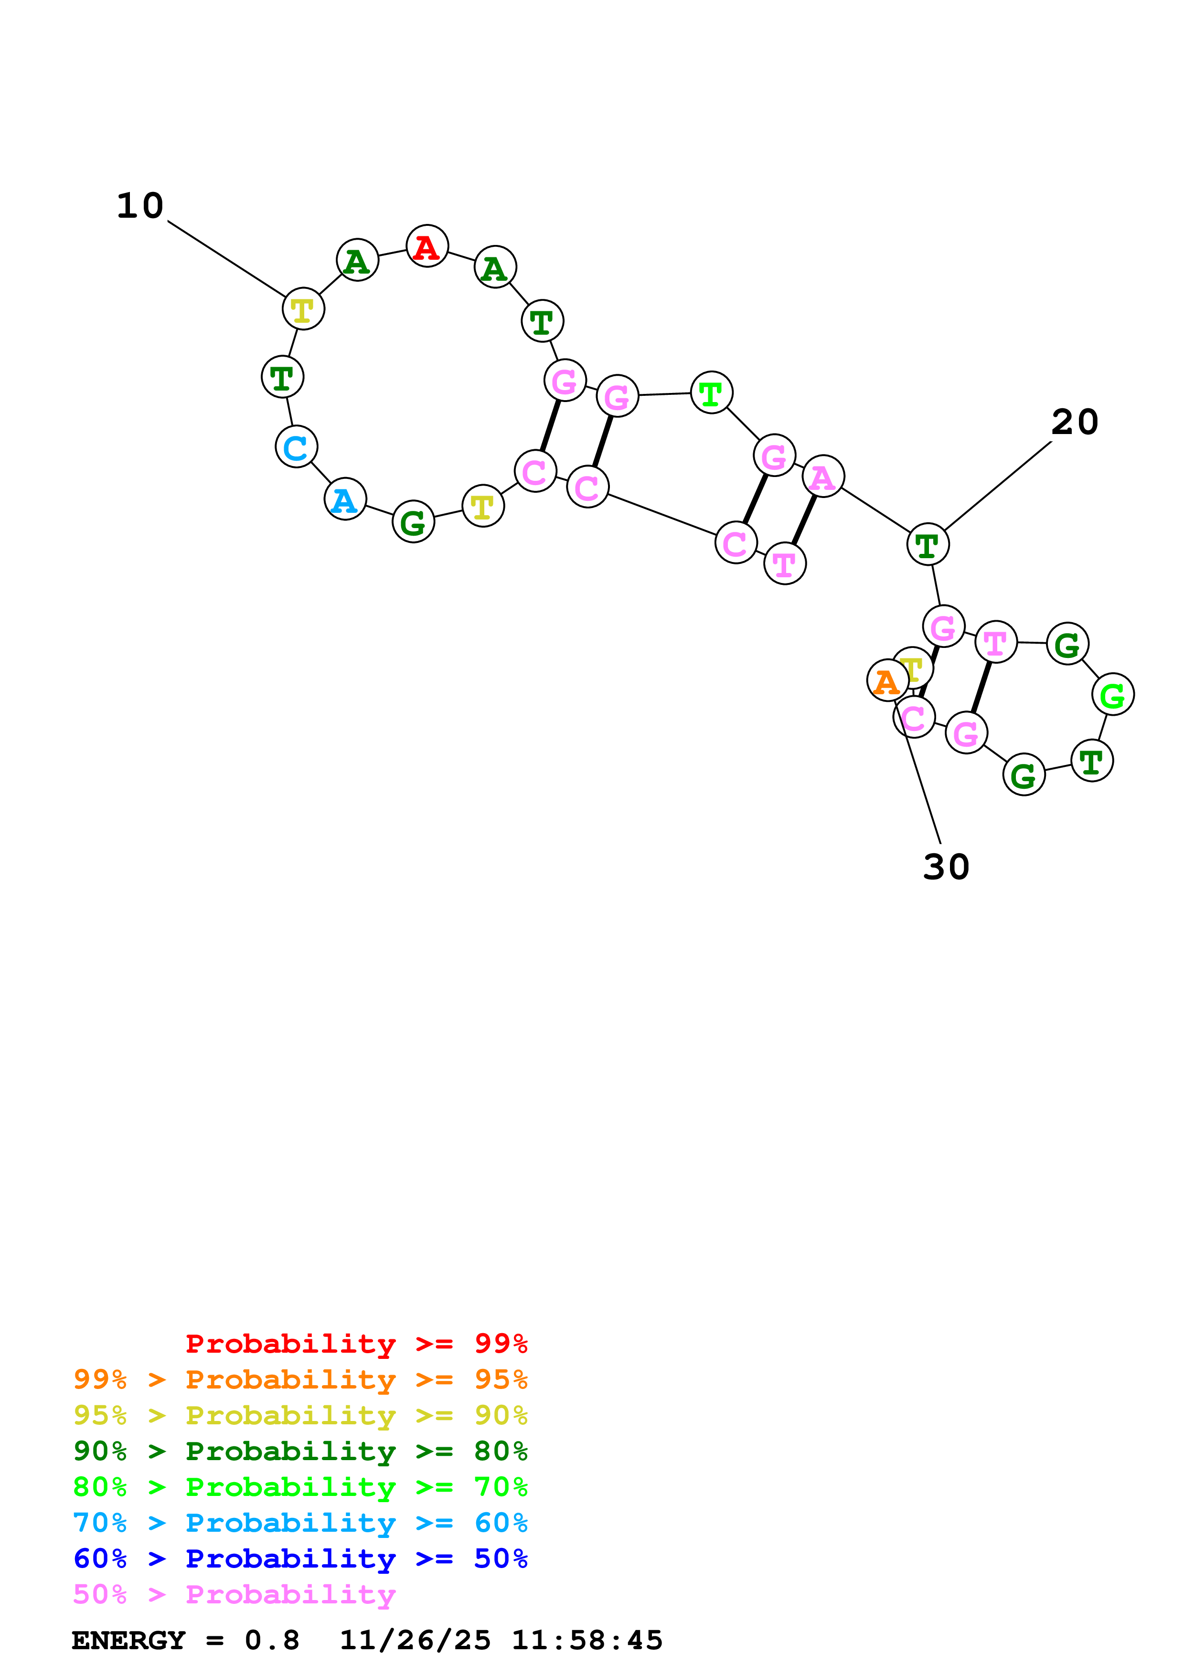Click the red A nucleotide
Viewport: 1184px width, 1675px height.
pyautogui.click(x=427, y=246)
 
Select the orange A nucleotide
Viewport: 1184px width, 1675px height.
pyautogui.click(x=886, y=681)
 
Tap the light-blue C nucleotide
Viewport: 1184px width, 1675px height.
pyautogui.click(x=296, y=447)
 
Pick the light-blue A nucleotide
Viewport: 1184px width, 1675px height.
pyautogui.click(x=344, y=500)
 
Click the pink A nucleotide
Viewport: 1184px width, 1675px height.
pyautogui.click(x=823, y=477)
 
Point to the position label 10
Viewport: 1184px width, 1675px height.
pyautogui.click(x=140, y=206)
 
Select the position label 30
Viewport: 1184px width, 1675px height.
pyautogui.click(x=946, y=867)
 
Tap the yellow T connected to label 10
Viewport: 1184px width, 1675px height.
pyautogui.click(x=303, y=309)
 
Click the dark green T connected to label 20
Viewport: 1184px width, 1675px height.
pyautogui.click(x=927, y=544)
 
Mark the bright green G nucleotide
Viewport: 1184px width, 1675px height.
pyautogui.click(x=1112, y=695)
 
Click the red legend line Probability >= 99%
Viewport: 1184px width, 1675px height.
pyautogui.click(x=356, y=1343)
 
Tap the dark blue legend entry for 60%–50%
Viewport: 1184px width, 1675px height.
pyautogui.click(x=300, y=1558)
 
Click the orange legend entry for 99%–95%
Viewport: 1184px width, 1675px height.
pyautogui.click(x=300, y=1379)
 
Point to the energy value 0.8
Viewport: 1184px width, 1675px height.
pyautogui.click(x=271, y=1640)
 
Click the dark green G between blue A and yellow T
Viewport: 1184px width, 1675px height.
pyautogui.click(x=413, y=522)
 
